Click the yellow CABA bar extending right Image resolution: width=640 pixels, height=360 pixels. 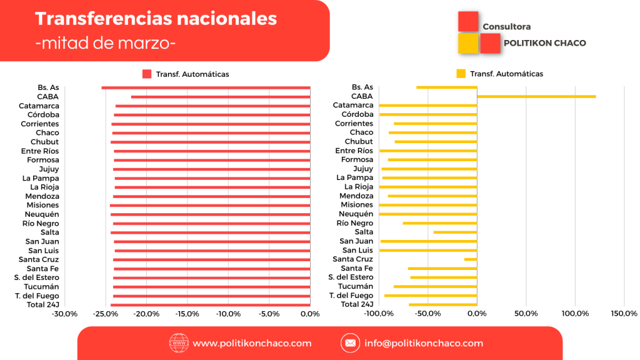click(536, 96)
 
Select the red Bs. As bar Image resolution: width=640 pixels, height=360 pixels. click(206, 87)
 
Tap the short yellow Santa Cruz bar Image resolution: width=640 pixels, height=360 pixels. click(471, 259)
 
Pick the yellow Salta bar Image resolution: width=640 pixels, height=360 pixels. click(455, 232)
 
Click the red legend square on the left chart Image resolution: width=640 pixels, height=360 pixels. click(147, 74)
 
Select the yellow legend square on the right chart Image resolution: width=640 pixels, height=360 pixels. click(461, 74)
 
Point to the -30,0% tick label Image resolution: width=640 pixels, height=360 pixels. click(64, 314)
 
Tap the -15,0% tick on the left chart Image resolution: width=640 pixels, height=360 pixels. click(187, 314)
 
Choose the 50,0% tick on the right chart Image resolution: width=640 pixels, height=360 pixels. click(526, 313)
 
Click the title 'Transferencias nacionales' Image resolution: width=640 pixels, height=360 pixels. click(156, 19)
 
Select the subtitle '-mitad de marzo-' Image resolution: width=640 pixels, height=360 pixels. click(106, 43)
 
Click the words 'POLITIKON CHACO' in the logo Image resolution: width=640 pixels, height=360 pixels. click(544, 43)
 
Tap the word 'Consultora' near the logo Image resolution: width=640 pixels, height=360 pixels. click(506, 27)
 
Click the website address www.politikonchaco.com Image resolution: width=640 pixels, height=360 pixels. click(252, 343)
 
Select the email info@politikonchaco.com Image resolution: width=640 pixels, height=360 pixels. click(424, 343)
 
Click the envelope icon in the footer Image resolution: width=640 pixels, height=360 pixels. click(350, 343)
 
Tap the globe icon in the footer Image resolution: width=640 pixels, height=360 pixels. click(179, 343)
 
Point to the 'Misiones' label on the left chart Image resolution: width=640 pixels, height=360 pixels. click(42, 205)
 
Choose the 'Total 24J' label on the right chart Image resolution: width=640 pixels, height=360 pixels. click(357, 304)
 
